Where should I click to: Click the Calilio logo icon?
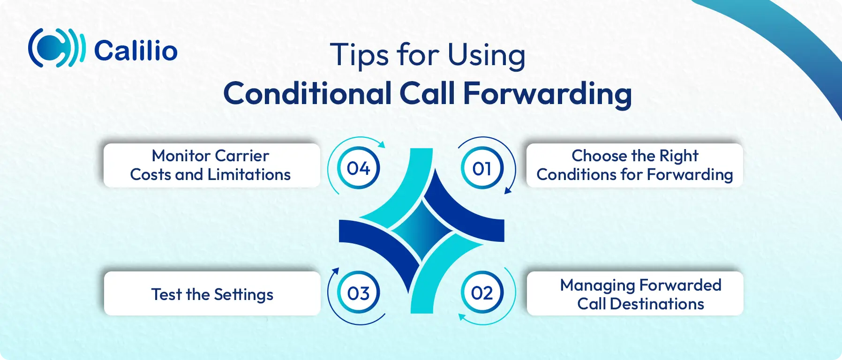pos(57,48)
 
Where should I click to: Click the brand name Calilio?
pos(136,51)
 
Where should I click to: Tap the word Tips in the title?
pos(360,55)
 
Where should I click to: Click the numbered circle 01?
pos(482,168)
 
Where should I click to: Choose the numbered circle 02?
pos(482,293)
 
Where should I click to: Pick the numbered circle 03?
pos(359,293)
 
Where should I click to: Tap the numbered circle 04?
pos(359,168)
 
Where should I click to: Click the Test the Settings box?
pos(212,293)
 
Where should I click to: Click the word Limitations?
pos(249,174)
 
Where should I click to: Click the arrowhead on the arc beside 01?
pos(508,190)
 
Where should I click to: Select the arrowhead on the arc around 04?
pos(381,144)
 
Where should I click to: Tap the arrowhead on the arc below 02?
pos(462,317)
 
